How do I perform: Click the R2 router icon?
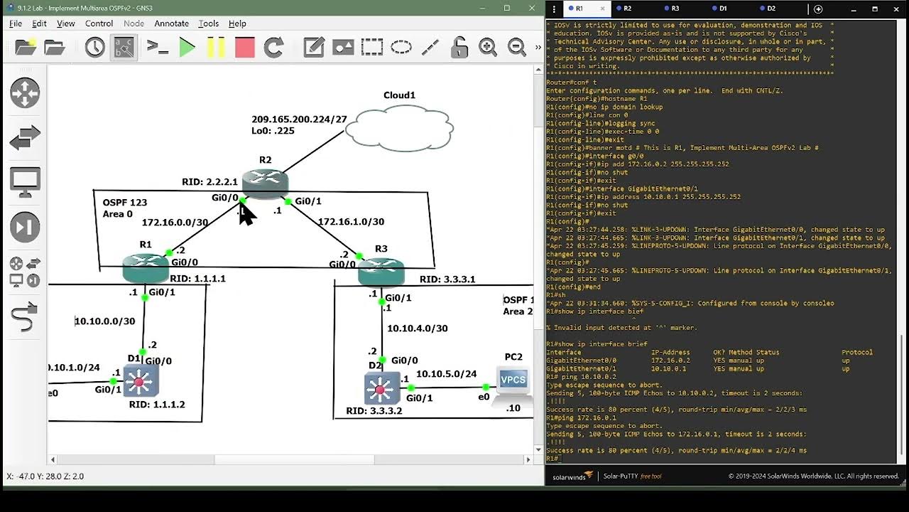coord(265,182)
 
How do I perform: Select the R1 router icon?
coord(146,267)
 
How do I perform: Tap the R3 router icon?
coord(381,271)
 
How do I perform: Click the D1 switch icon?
coord(139,381)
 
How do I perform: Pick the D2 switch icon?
coord(381,388)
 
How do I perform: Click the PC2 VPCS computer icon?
coord(513,380)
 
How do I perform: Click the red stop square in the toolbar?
coord(244,48)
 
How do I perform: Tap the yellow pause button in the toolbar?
coord(216,48)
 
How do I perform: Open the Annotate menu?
coord(171,23)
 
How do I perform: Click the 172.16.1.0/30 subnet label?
coord(351,222)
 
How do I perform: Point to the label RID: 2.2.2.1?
coord(209,182)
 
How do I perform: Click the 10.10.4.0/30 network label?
coord(417,329)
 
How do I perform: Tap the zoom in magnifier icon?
coord(488,48)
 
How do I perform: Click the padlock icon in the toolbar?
coord(459,48)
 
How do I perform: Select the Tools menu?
coord(208,23)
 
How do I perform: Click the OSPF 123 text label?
coord(125,202)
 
